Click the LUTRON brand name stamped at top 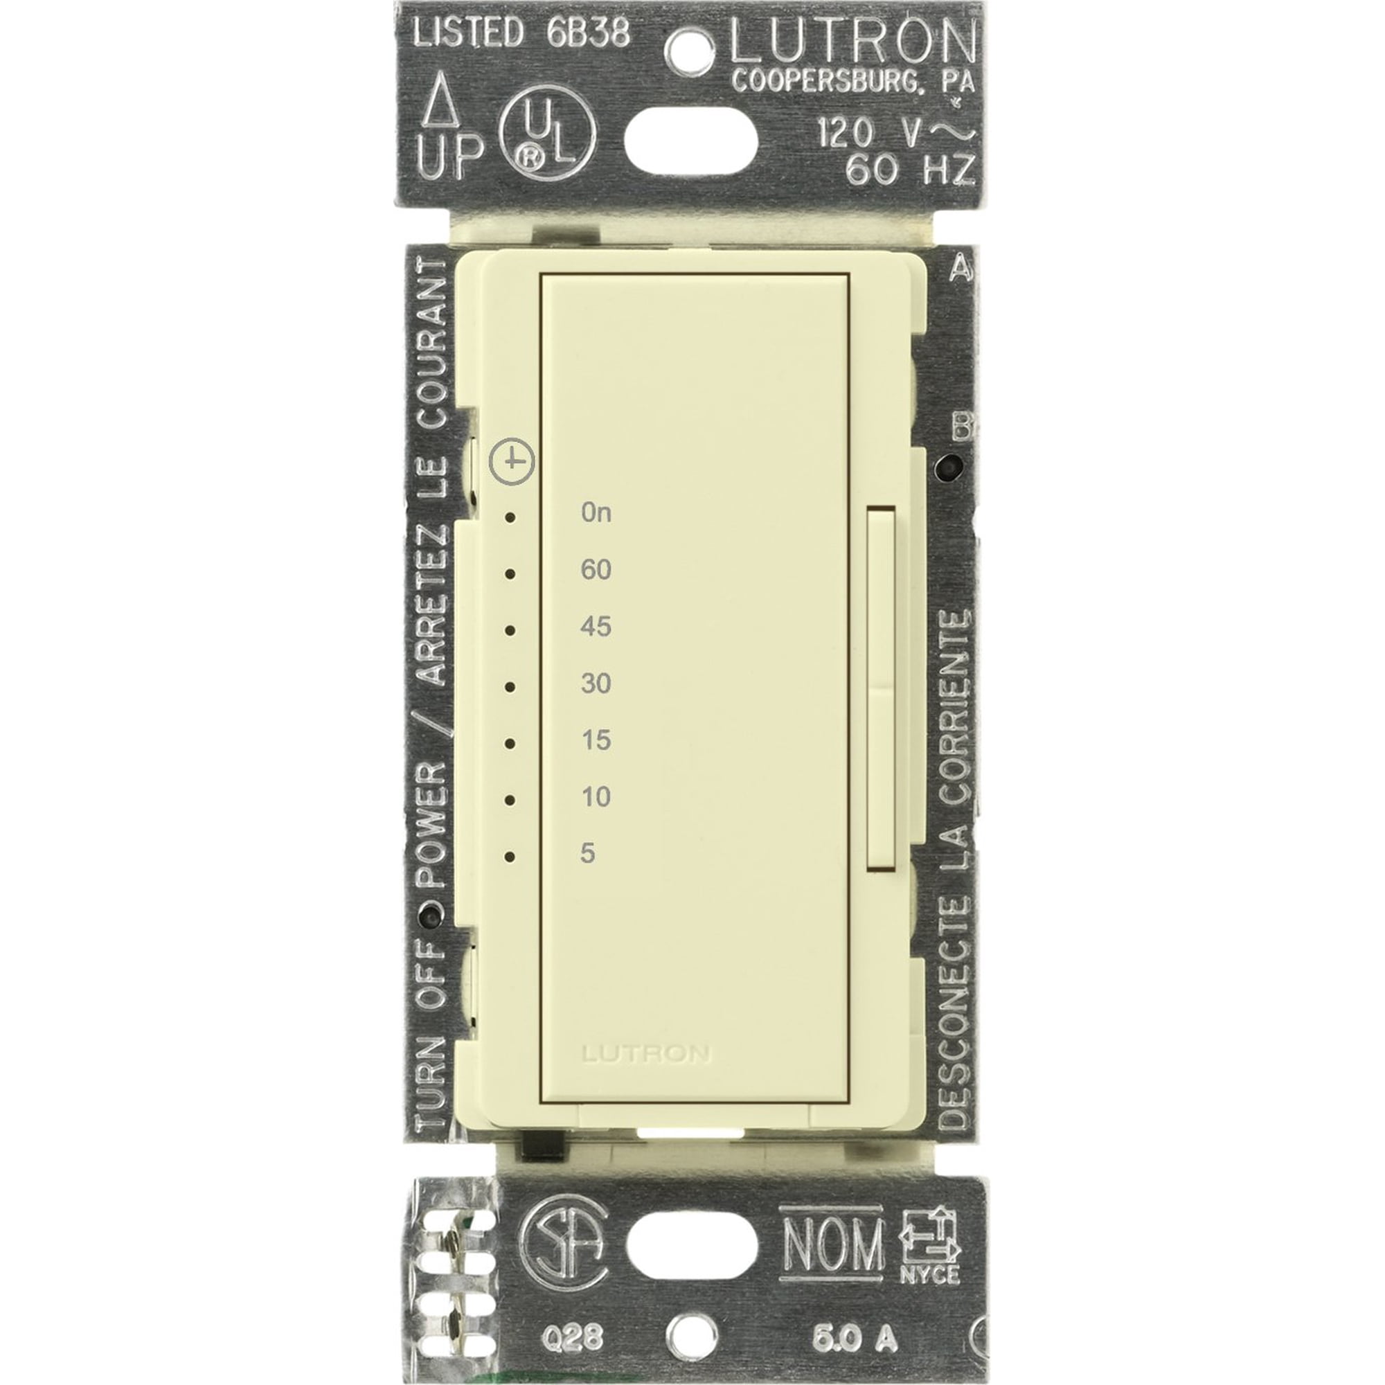(852, 44)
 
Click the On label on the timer (596, 512)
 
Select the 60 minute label (596, 570)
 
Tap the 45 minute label (596, 627)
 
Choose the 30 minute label (596, 683)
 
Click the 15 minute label (596, 740)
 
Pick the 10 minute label (596, 796)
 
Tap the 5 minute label (588, 853)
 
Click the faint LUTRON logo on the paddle (646, 1054)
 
